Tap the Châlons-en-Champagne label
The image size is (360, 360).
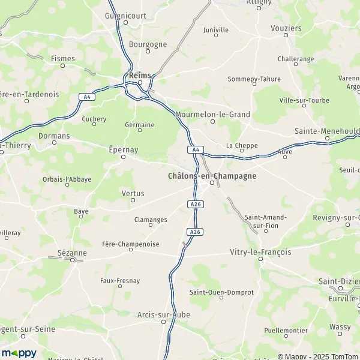(x=212, y=176)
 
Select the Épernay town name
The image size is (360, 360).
(x=124, y=149)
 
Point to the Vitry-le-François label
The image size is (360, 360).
(x=260, y=252)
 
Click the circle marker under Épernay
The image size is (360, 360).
(x=124, y=157)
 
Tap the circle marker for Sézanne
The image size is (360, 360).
(x=73, y=260)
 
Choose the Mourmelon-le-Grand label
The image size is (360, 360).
(x=212, y=113)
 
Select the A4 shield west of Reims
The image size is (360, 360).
(x=86, y=96)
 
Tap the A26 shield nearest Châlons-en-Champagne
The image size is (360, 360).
(x=194, y=204)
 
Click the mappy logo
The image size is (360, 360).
(x=19, y=353)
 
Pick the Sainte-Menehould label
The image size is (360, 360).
(x=326, y=130)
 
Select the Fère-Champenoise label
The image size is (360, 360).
(x=130, y=243)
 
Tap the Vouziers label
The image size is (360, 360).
(x=302, y=28)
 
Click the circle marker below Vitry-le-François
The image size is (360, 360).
(x=260, y=259)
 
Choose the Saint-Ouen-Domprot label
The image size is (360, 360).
(x=221, y=292)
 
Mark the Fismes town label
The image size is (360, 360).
(x=63, y=58)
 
